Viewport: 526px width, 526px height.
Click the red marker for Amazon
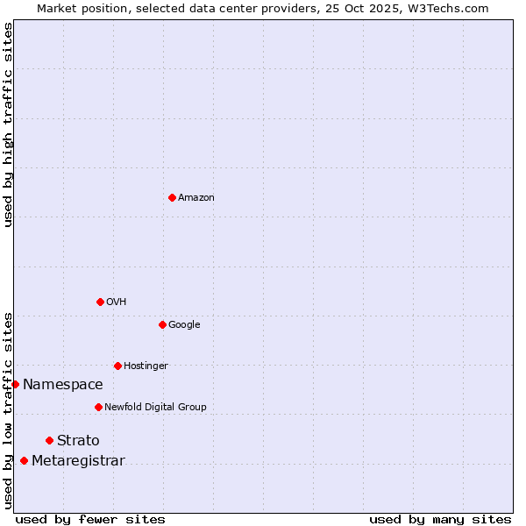pyautogui.click(x=172, y=197)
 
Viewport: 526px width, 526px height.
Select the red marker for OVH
pyautogui.click(x=100, y=302)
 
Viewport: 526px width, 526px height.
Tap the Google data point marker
pyautogui.click(x=162, y=324)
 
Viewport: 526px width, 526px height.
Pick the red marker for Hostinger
pyautogui.click(x=117, y=366)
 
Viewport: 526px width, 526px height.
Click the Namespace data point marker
pyautogui.click(x=15, y=384)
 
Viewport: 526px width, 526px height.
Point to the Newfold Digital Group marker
pyautogui.click(x=98, y=407)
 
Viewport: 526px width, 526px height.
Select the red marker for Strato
pyautogui.click(x=49, y=440)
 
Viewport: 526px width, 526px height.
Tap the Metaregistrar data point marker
pyautogui.click(x=24, y=461)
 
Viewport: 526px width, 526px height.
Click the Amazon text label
pyautogui.click(x=196, y=198)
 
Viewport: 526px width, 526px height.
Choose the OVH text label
pyautogui.click(x=117, y=302)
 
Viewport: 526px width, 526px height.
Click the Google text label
pyautogui.click(x=184, y=325)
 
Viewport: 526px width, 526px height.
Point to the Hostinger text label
pyautogui.click(x=146, y=366)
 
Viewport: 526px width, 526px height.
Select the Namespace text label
pyautogui.click(x=63, y=385)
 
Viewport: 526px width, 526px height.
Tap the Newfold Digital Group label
pyautogui.click(x=155, y=408)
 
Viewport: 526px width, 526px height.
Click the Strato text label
pyautogui.click(x=78, y=441)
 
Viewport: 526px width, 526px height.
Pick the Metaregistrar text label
pyautogui.click(x=78, y=461)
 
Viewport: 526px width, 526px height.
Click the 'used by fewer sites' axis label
pyautogui.click(x=90, y=519)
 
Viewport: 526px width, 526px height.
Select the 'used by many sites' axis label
pyautogui.click(x=440, y=519)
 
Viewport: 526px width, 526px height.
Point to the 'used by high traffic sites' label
pyautogui.click(x=8, y=124)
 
